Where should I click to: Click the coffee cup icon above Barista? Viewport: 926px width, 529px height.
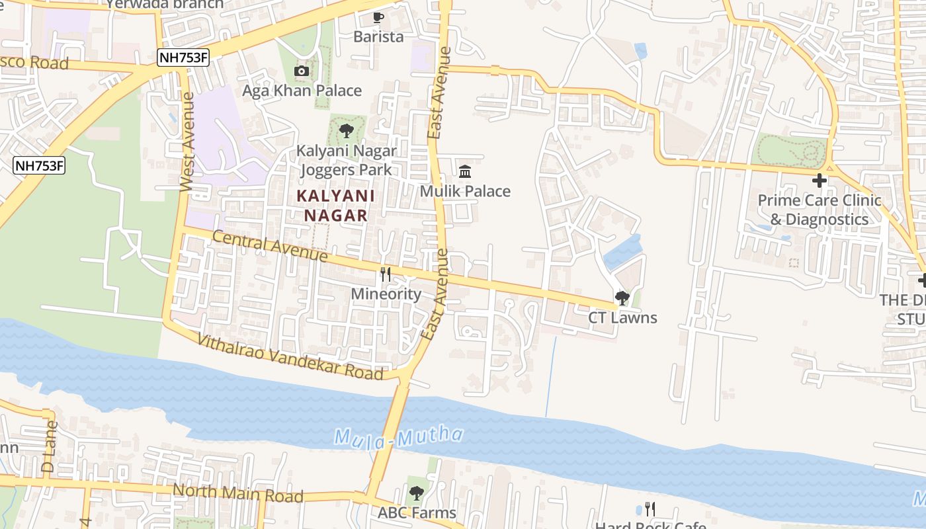coord(378,17)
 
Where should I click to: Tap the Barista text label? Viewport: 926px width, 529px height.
coord(378,37)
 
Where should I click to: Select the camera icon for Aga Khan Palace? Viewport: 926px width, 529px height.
coord(302,71)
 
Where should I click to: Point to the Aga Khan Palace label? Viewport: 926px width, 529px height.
coord(302,91)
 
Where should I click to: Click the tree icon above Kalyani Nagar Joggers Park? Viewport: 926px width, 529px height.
coord(346,131)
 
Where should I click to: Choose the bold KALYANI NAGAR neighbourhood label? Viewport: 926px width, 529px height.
coord(335,206)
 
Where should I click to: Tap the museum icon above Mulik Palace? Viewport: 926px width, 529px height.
coord(465,171)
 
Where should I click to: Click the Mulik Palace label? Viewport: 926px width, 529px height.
coord(465,192)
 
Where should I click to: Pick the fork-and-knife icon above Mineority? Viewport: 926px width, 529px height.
coord(386,274)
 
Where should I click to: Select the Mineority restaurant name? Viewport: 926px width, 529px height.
coord(386,294)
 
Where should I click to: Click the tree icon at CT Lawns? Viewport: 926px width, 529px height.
coord(622,298)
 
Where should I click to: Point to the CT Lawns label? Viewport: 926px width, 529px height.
coord(622,318)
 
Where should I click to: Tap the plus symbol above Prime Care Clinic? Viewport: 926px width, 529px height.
coord(820,180)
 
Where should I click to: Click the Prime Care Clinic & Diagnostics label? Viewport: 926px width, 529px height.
coord(820,210)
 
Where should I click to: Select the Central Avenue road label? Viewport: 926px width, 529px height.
coord(270,246)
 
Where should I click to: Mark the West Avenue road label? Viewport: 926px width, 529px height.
coord(187,142)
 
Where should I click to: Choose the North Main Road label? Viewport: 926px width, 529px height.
coord(238,493)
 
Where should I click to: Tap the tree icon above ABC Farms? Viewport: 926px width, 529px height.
coord(416,493)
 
